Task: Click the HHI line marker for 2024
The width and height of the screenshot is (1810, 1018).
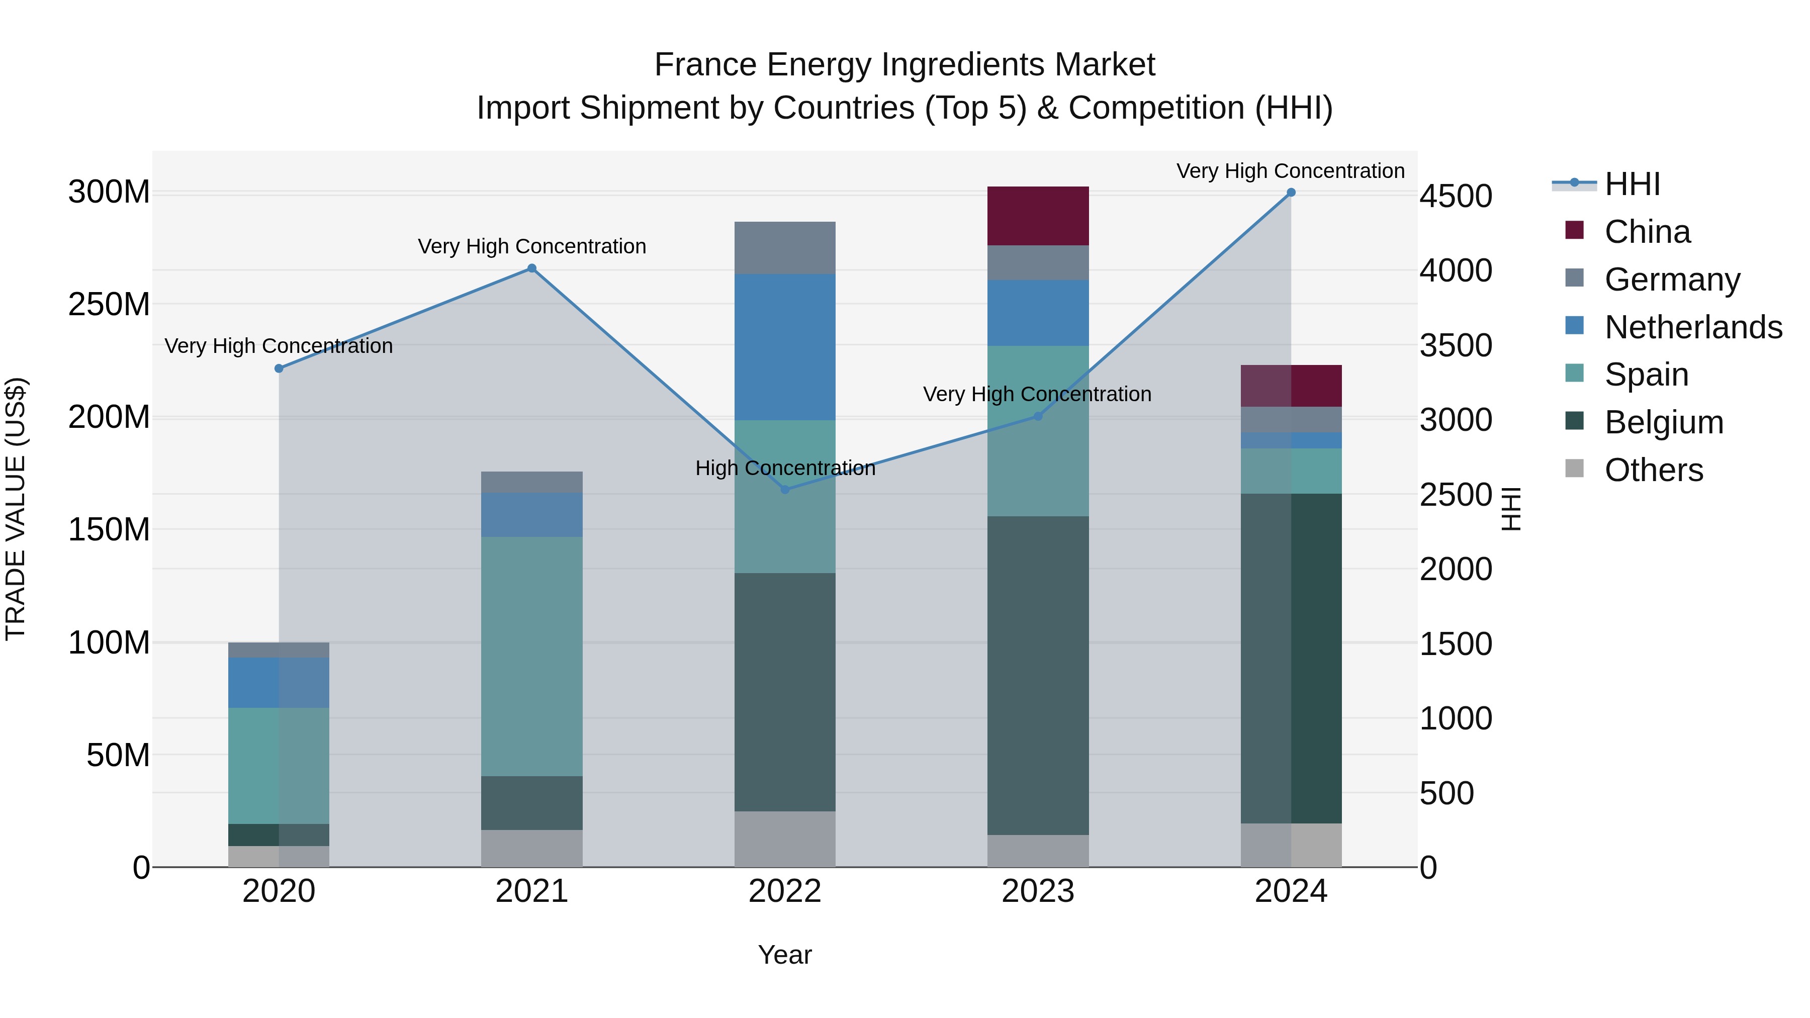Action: click(1291, 193)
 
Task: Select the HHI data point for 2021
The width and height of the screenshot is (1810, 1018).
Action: click(532, 268)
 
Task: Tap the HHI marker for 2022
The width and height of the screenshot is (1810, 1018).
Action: click(785, 489)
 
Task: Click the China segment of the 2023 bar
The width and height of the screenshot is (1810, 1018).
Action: click(1038, 216)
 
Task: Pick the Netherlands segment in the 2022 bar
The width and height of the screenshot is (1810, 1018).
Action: click(785, 347)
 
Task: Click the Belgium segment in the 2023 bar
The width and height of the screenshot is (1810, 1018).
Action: click(1038, 675)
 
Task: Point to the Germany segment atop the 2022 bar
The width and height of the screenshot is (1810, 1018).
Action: click(785, 248)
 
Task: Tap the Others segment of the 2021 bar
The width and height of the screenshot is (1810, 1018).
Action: click(532, 848)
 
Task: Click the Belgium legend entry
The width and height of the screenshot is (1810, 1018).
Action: click(1663, 422)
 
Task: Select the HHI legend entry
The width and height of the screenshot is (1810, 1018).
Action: click(1632, 183)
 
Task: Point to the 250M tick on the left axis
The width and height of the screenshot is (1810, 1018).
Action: click(109, 304)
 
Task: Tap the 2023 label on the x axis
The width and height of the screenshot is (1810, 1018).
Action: click(1038, 891)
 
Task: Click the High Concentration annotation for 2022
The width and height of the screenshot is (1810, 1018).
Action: click(785, 468)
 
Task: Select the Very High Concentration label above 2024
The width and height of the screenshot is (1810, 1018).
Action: click(1290, 171)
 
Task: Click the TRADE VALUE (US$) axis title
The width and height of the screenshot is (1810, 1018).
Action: click(16, 509)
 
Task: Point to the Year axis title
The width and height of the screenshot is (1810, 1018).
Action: click(785, 955)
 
